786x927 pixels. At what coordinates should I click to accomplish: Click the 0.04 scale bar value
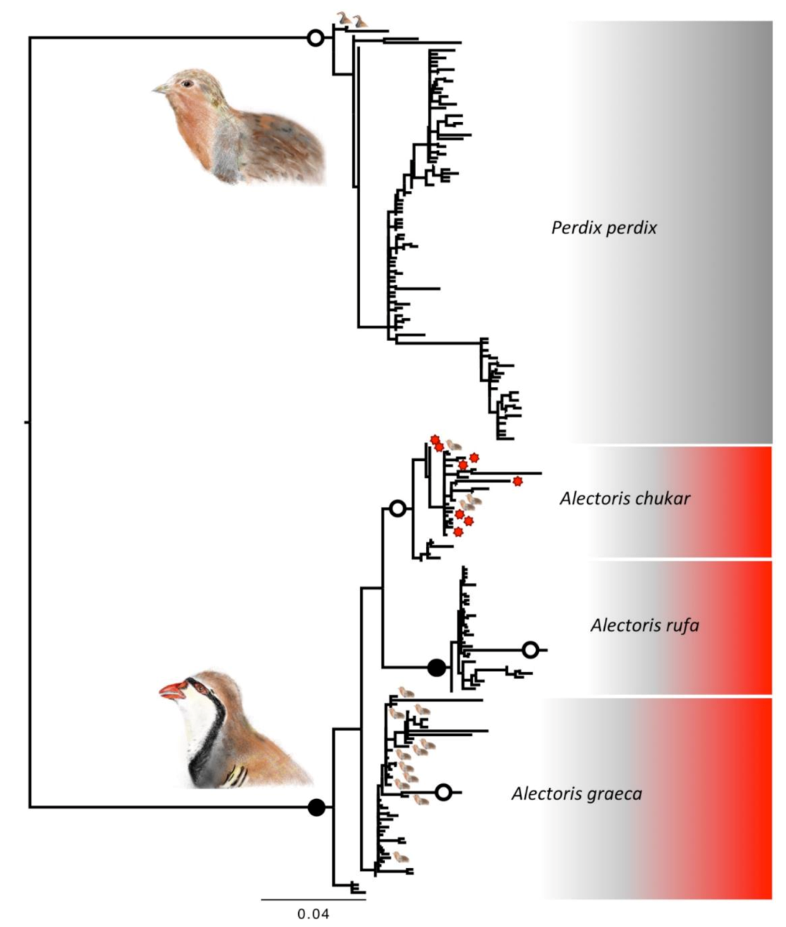[x=312, y=914]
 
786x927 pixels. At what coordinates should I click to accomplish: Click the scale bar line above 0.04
[x=313, y=899]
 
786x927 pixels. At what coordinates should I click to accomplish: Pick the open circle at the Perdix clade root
[x=316, y=38]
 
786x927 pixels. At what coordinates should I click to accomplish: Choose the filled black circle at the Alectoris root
[x=317, y=807]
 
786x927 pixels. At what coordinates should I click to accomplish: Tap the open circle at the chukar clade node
[x=398, y=508]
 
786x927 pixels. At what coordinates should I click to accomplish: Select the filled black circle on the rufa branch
[x=437, y=666]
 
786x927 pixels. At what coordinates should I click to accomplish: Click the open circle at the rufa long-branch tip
[x=530, y=649]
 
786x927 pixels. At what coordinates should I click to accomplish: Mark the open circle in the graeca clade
[x=443, y=792]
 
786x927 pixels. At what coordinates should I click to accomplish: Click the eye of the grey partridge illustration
[x=187, y=84]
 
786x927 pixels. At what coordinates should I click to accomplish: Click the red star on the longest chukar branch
[x=517, y=481]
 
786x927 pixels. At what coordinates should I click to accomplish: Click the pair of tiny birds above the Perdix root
[x=352, y=21]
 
